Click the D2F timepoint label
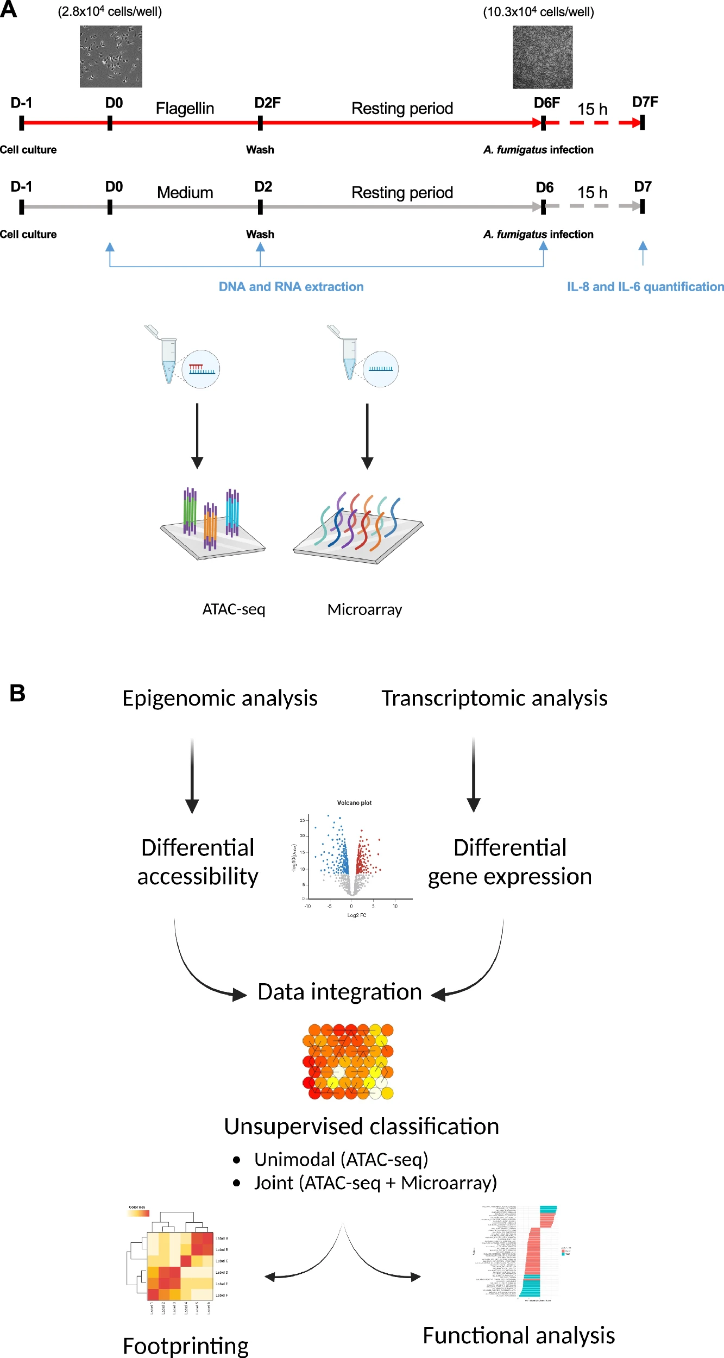tap(267, 103)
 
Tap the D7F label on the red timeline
tap(645, 102)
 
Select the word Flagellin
tap(185, 109)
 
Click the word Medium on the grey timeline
tap(185, 193)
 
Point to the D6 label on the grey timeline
tap(544, 187)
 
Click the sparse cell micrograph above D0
tap(111, 56)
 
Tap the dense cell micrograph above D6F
tap(542, 57)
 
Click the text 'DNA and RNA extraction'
tap(291, 287)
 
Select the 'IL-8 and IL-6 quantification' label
tap(645, 287)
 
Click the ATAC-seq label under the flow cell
tap(234, 609)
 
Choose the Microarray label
tap(364, 609)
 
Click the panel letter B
tap(17, 694)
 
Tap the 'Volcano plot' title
tap(354, 803)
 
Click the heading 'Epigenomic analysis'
tap(219, 699)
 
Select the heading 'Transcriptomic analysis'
tap(494, 699)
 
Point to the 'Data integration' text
tap(339, 992)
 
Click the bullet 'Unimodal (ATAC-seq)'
tap(341, 1159)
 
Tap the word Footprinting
tap(186, 1346)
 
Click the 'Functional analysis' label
tap(519, 1335)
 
